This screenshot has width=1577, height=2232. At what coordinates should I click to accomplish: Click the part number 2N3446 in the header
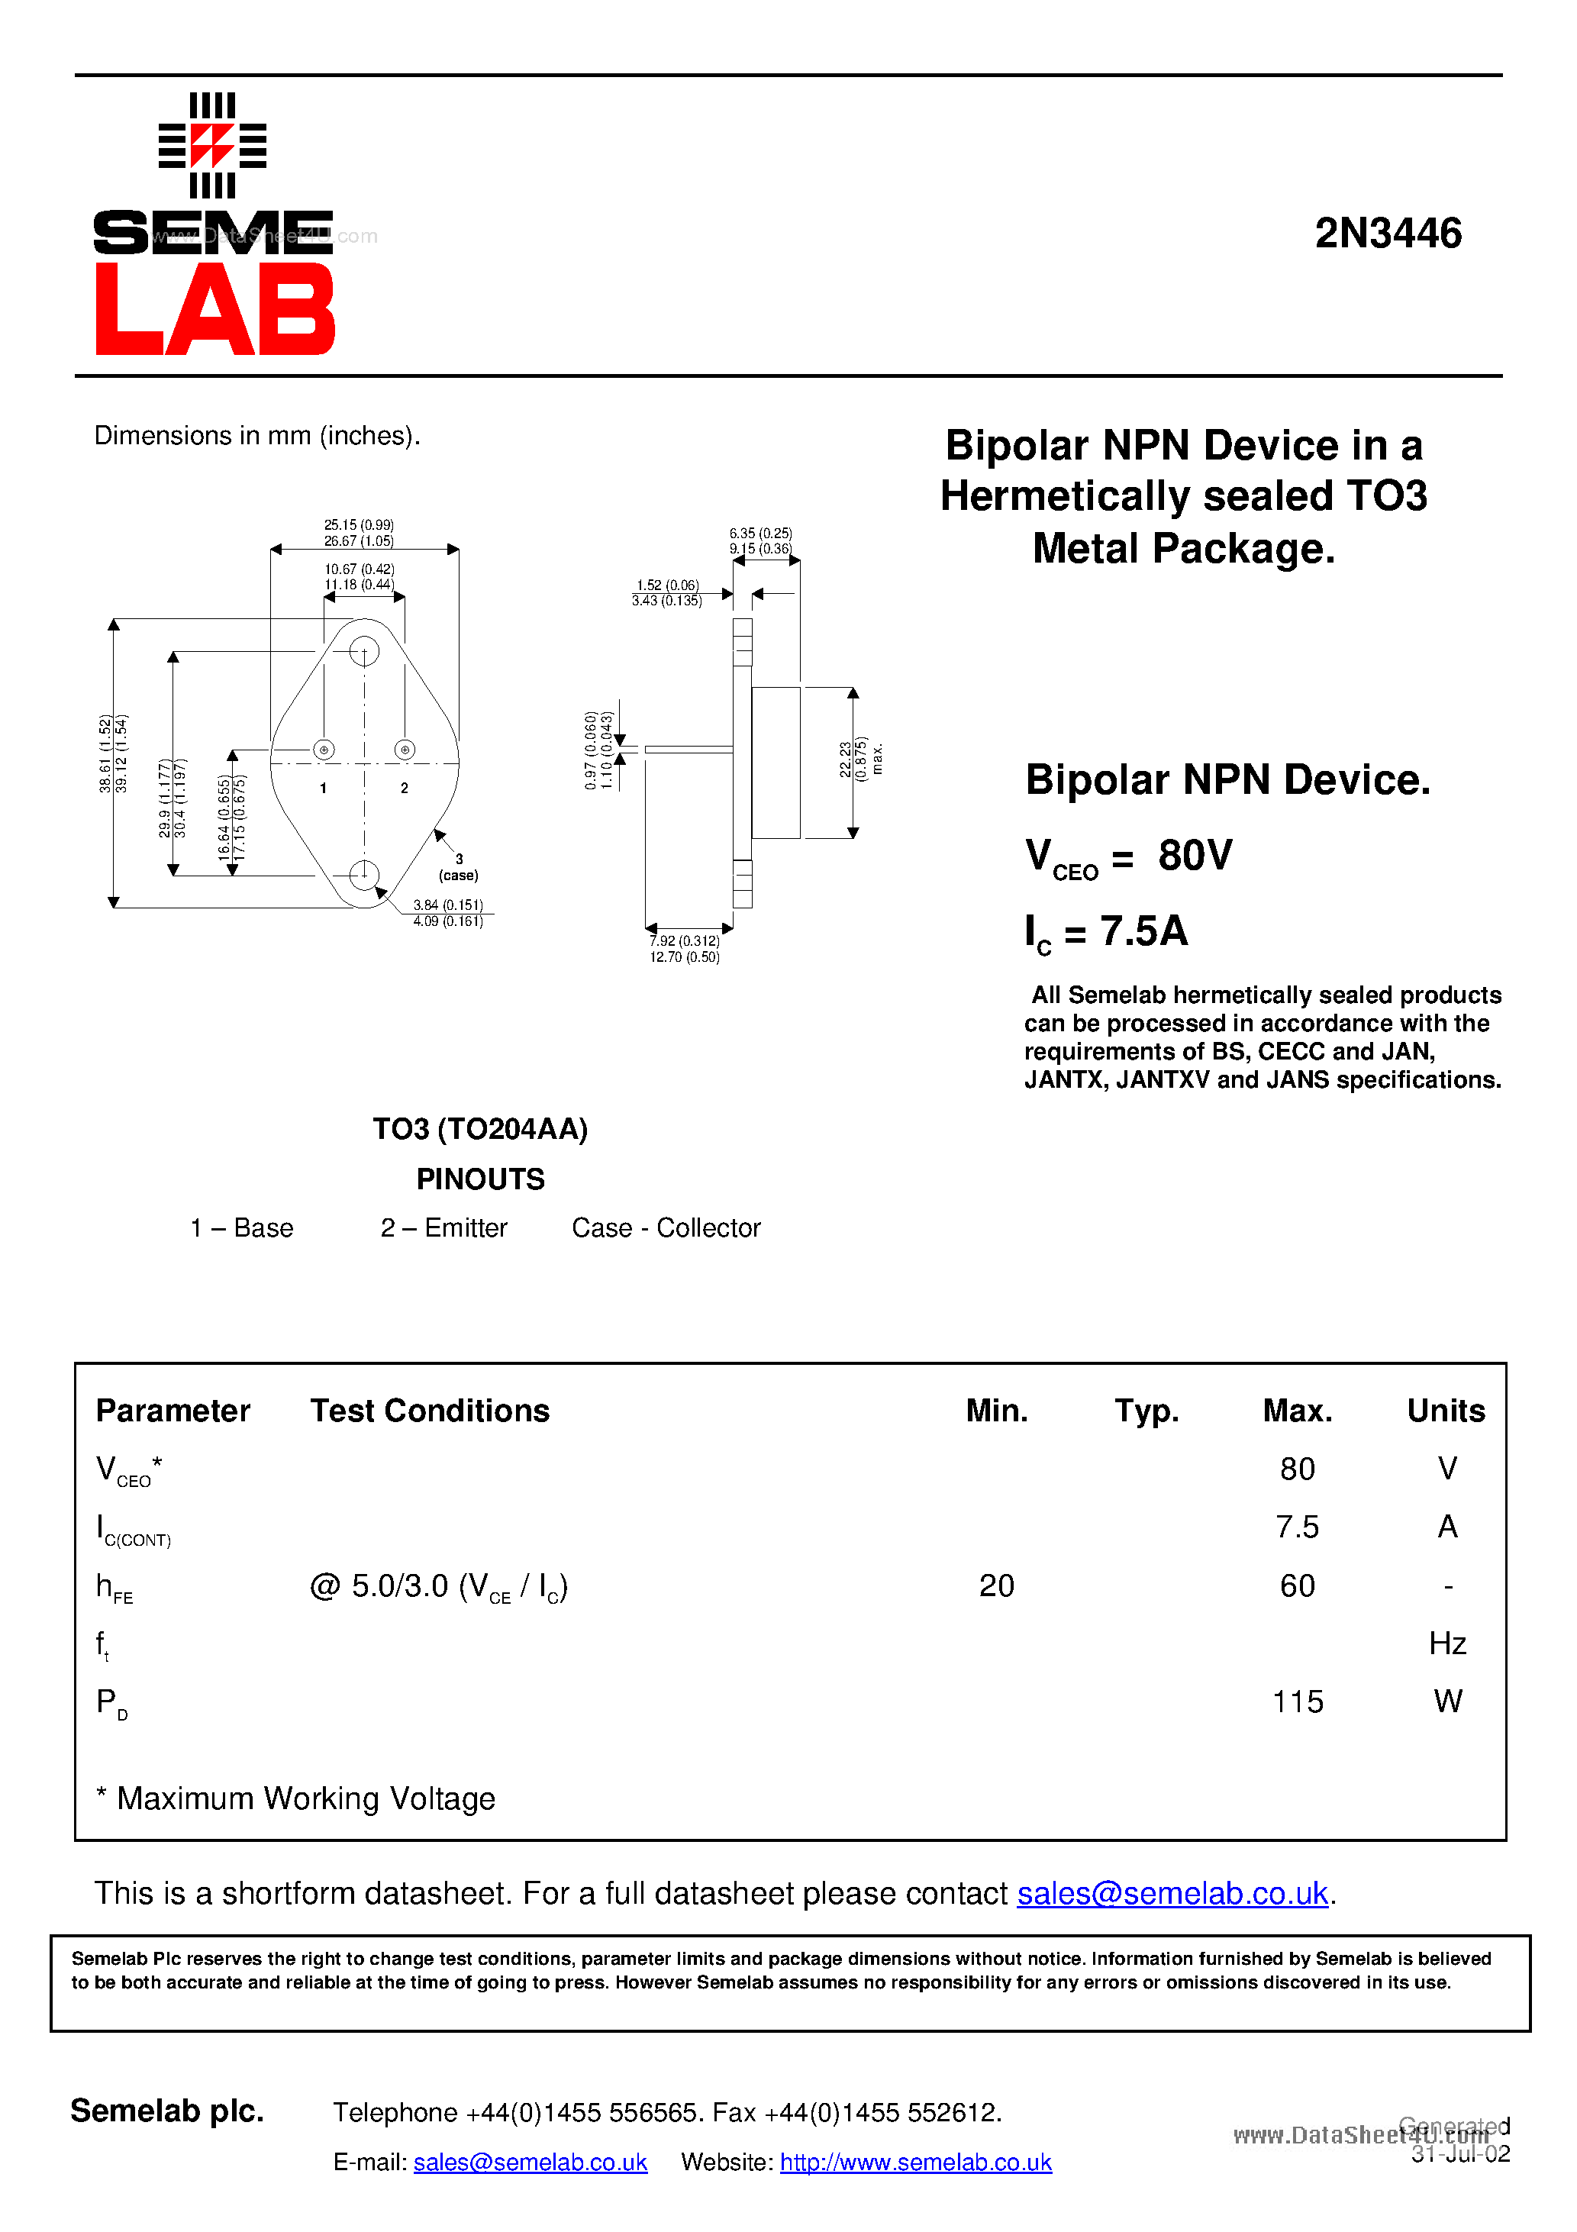pyautogui.click(x=1388, y=234)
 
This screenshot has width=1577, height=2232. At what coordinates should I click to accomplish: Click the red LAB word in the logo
pyautogui.click(x=214, y=310)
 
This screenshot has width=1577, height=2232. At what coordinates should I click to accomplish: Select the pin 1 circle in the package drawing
pyautogui.click(x=324, y=750)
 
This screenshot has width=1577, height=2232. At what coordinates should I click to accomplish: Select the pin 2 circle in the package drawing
pyautogui.click(x=405, y=750)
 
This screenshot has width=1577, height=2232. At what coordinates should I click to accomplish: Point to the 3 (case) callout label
pyautogui.click(x=459, y=867)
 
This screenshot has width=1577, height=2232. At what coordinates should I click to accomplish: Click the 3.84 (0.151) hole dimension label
pyautogui.click(x=447, y=905)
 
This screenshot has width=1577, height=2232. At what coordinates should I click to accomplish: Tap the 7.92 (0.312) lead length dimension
pyautogui.click(x=685, y=941)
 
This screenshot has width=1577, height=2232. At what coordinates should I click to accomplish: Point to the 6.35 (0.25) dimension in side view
pyautogui.click(x=760, y=534)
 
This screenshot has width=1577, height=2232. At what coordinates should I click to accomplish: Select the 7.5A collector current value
pyautogui.click(x=1143, y=931)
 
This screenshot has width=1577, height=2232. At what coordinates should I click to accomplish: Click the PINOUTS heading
pyautogui.click(x=480, y=1179)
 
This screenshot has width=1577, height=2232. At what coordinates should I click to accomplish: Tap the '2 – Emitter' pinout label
pyautogui.click(x=443, y=1227)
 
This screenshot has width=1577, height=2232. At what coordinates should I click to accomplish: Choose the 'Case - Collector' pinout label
pyautogui.click(x=666, y=1227)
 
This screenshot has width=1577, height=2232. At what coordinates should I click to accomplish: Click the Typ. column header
pyautogui.click(x=1146, y=1411)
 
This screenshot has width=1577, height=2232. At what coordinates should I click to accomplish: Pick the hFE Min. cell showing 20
pyautogui.click(x=997, y=1585)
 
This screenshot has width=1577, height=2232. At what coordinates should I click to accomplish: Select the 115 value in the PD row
pyautogui.click(x=1297, y=1701)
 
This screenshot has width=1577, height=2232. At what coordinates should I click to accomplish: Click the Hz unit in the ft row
pyautogui.click(x=1446, y=1643)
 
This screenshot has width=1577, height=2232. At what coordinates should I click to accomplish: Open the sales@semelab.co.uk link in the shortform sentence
pyautogui.click(x=1172, y=1893)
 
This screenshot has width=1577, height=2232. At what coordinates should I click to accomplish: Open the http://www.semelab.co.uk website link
pyautogui.click(x=915, y=2162)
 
